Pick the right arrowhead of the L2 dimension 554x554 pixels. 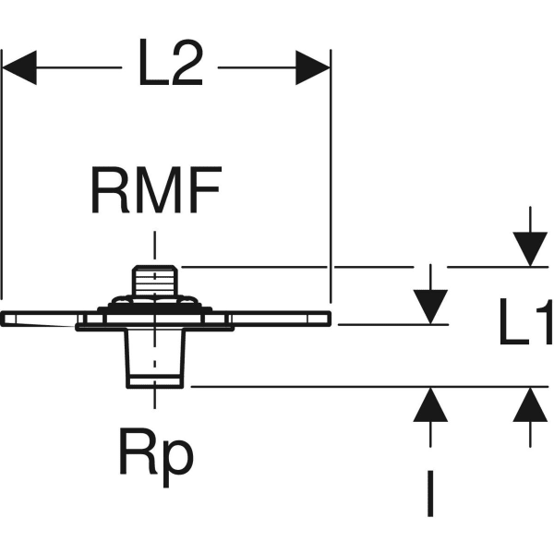(312, 67)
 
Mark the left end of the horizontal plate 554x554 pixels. (7, 319)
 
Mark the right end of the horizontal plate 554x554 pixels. (325, 319)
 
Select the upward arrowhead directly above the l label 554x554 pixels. (430, 404)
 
